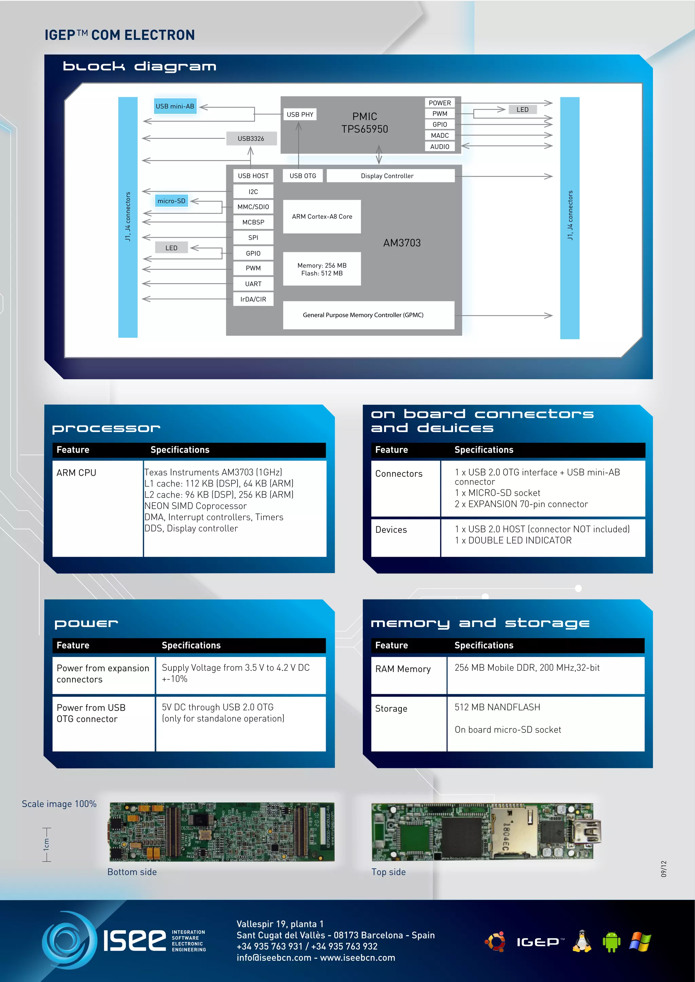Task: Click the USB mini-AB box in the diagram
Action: (175, 106)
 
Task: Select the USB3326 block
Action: (251, 139)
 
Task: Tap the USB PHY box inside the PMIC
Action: (300, 115)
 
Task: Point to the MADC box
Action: (439, 136)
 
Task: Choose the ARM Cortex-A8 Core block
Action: (322, 217)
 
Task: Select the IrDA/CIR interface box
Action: (253, 299)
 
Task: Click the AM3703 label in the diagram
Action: (402, 243)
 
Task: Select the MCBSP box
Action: (253, 222)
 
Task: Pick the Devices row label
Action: (391, 530)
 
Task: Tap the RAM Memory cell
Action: (403, 669)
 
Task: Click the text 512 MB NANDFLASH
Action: (497, 707)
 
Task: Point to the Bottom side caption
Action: (132, 872)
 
